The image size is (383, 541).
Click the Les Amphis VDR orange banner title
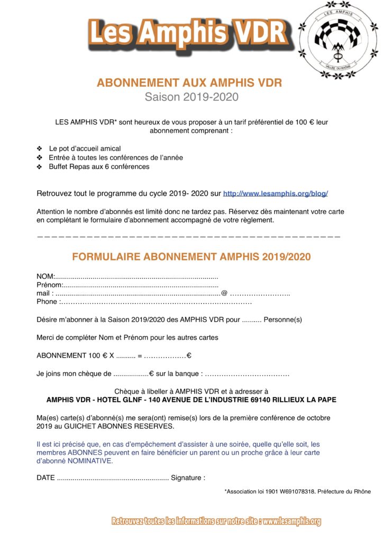point(188,33)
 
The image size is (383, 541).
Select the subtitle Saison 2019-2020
point(191,97)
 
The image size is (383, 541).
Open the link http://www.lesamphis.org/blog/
point(276,194)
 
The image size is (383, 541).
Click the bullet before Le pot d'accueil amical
point(40,149)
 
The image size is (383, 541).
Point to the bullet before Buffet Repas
point(40,167)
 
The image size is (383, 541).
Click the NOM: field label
point(45,276)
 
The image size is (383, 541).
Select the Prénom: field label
point(49,285)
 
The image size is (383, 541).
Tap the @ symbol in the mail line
point(224,293)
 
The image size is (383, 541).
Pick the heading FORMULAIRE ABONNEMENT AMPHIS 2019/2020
point(191,257)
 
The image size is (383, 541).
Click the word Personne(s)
point(282,320)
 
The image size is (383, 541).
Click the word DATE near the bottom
point(45,478)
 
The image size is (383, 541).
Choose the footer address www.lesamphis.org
point(291,521)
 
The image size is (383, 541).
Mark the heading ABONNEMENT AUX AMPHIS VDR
point(189,83)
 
